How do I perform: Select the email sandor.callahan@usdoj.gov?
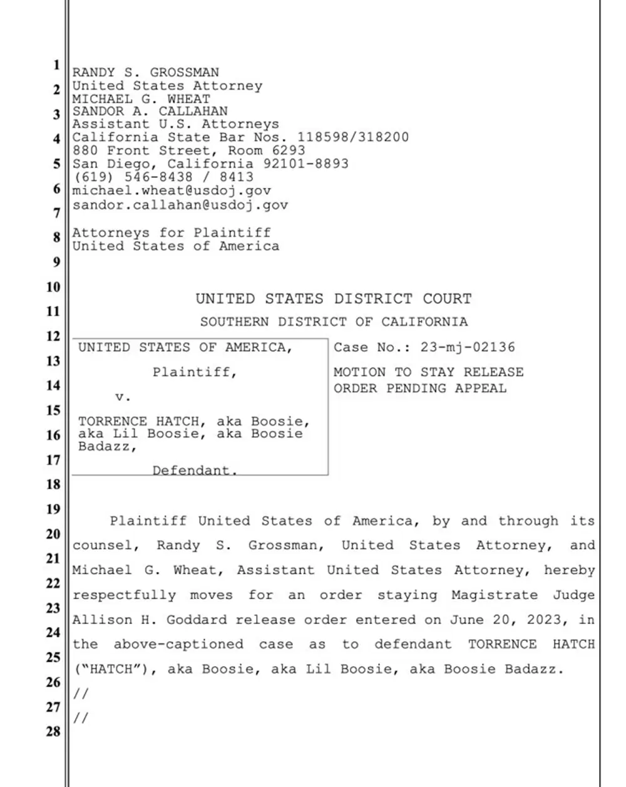tap(180, 204)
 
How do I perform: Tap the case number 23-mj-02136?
tap(468, 347)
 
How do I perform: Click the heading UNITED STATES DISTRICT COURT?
tap(334, 299)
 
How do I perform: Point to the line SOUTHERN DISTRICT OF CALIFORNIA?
tap(334, 322)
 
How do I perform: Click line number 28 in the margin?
tap(54, 731)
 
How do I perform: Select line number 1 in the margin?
tap(56, 65)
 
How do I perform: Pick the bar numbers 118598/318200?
tap(353, 137)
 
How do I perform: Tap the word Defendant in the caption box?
tap(195, 470)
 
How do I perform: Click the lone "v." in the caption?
tap(123, 397)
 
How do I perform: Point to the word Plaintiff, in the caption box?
tap(195, 372)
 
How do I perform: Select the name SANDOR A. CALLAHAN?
tap(150, 112)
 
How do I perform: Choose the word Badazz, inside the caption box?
tap(107, 446)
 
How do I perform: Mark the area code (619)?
tap(90, 177)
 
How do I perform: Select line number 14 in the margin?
tap(54, 385)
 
